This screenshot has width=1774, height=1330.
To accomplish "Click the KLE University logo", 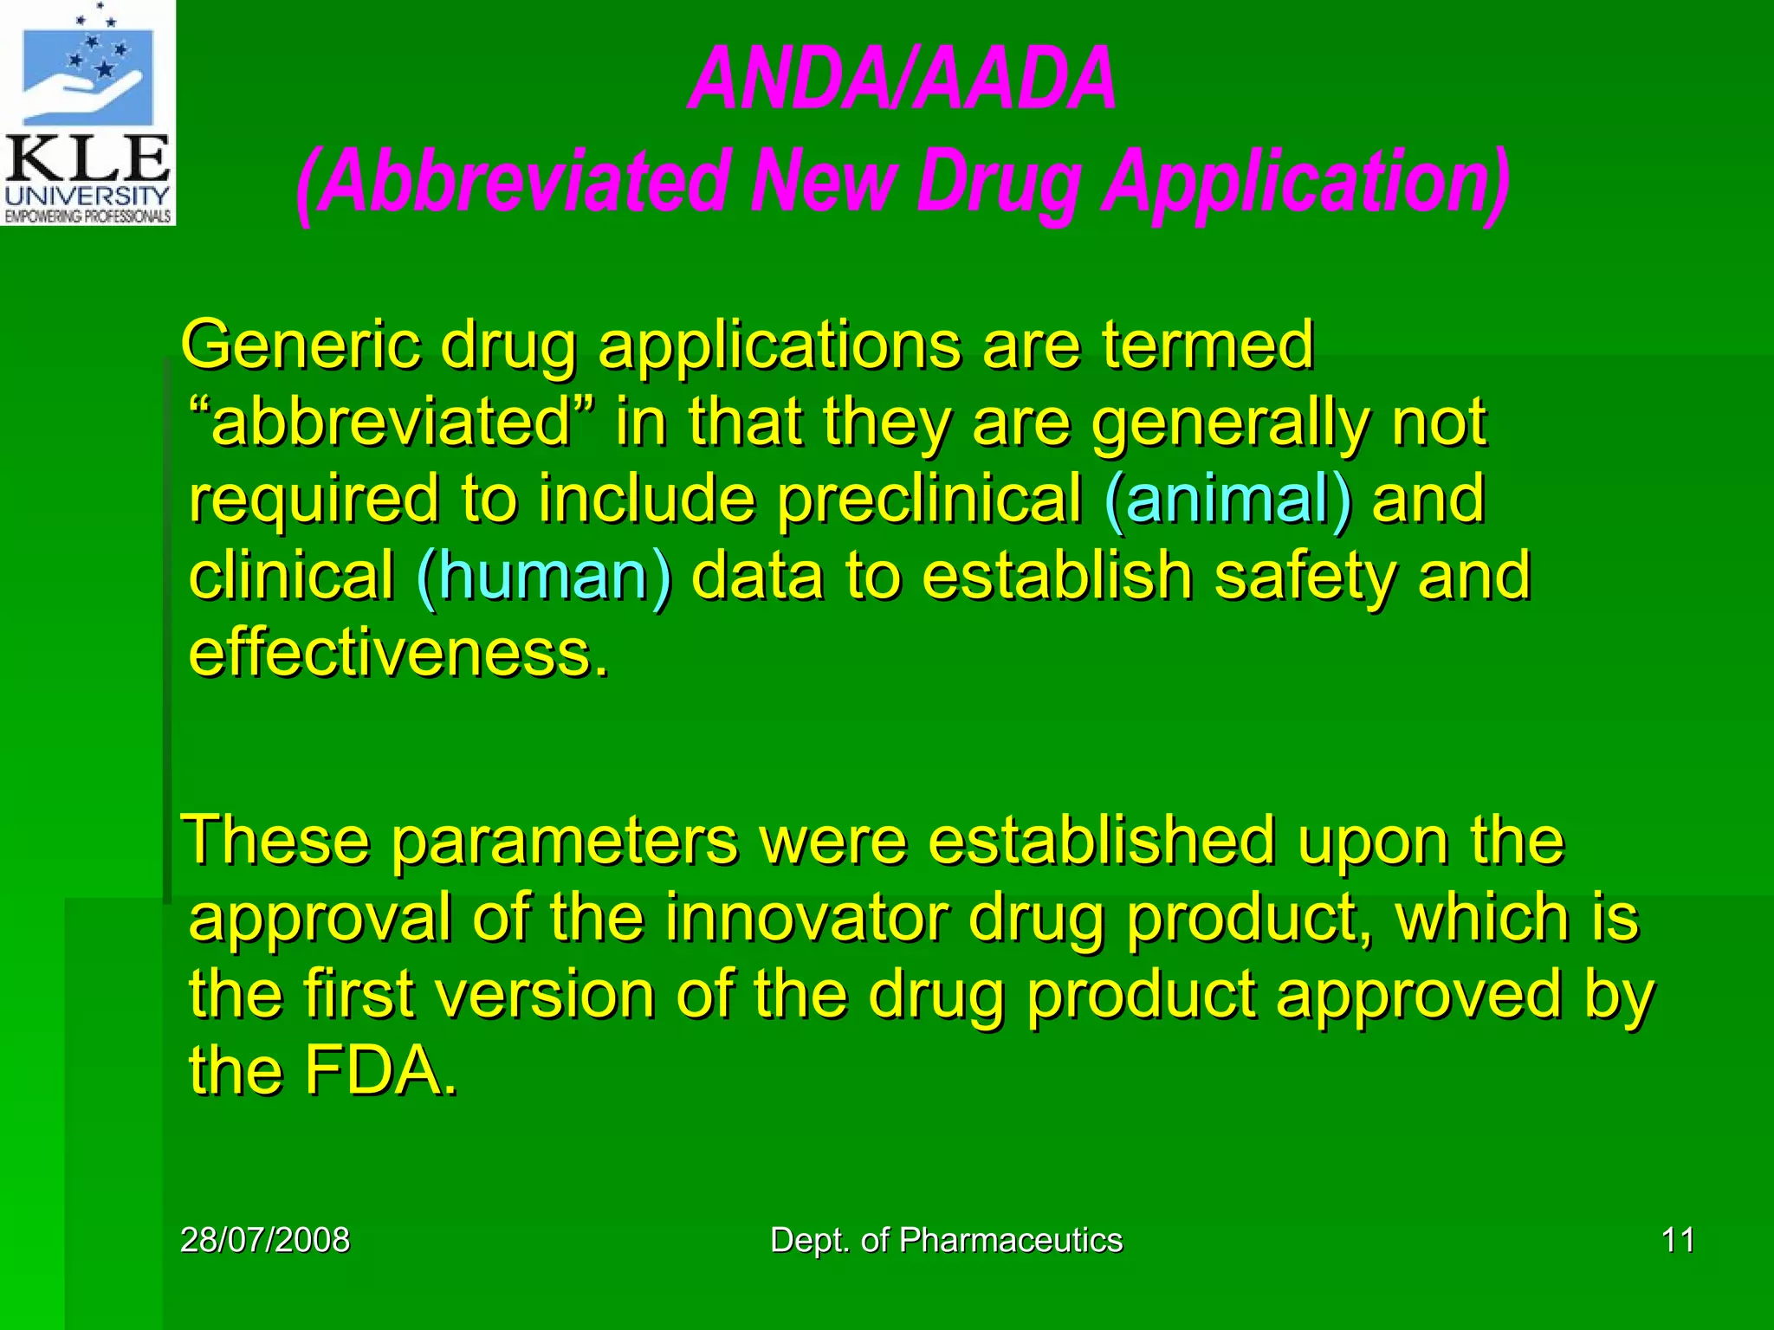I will coord(87,113).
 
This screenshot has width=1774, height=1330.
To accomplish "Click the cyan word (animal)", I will coord(1227,500).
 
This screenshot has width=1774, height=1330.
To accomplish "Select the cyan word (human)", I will coord(543,577).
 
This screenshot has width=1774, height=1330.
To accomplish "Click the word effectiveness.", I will coord(398,653).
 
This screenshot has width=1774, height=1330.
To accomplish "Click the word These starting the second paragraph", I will coord(275,841).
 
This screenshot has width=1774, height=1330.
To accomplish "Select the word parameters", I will coord(564,841).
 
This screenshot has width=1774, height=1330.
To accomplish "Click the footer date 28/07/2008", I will coord(265,1240).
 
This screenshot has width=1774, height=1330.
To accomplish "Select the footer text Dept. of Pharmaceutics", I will coord(946,1240).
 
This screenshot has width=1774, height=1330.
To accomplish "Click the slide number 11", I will coord(1678,1240).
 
